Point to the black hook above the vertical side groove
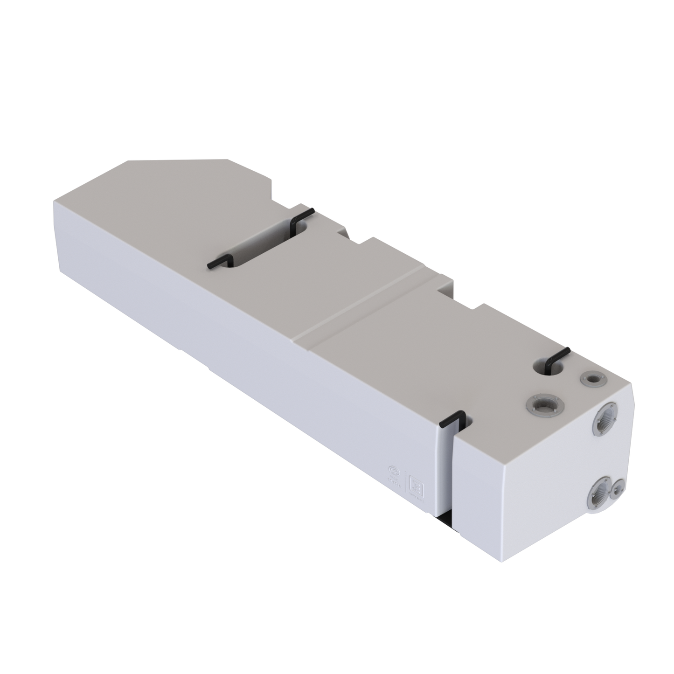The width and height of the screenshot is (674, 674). [x=452, y=419]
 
